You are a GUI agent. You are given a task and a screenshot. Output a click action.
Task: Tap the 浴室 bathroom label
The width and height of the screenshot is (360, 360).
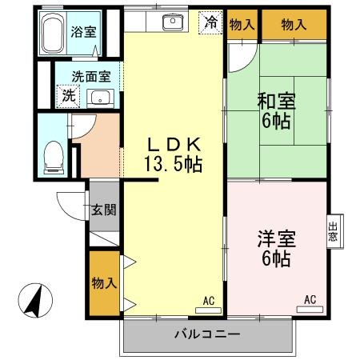[x=82, y=33]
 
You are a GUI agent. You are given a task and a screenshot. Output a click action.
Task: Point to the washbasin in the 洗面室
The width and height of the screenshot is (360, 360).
[x=101, y=98]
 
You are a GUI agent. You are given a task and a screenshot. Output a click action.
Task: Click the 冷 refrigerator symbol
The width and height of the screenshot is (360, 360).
[x=210, y=22]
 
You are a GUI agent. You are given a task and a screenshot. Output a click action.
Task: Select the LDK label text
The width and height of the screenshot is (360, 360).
[x=173, y=145]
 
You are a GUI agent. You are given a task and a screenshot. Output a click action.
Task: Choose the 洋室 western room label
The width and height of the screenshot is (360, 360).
[x=274, y=239]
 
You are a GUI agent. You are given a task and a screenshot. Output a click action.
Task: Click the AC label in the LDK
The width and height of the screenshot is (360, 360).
[x=208, y=300]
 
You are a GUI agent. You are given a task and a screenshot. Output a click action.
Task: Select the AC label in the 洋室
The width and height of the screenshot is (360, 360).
[x=310, y=300]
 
